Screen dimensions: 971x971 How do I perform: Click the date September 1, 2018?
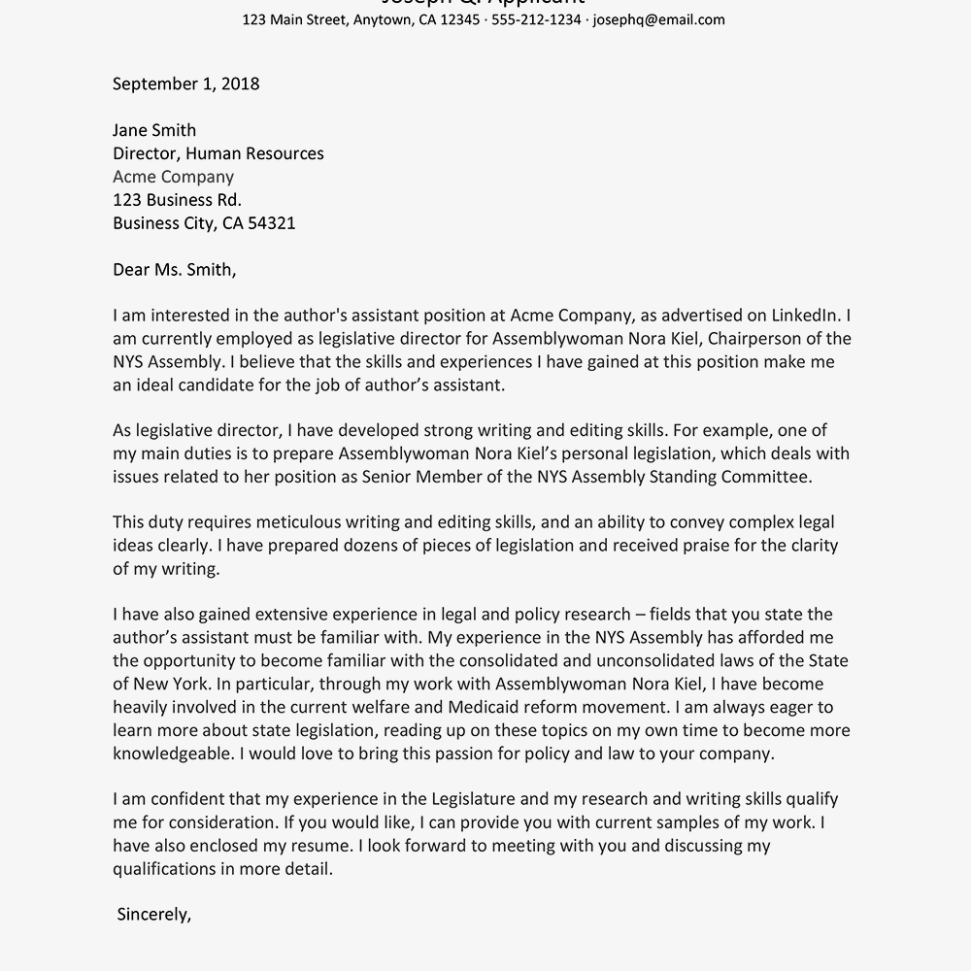click(185, 84)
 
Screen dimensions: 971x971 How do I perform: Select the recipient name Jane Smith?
click(154, 130)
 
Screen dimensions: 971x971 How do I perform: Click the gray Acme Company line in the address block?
click(173, 177)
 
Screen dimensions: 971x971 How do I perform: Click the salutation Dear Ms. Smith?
click(174, 270)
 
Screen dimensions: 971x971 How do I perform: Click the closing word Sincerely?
click(153, 915)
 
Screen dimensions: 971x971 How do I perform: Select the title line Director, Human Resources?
click(218, 153)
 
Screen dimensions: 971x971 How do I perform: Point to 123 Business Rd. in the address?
click(177, 200)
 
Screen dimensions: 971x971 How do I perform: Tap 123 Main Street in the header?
click(294, 19)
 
